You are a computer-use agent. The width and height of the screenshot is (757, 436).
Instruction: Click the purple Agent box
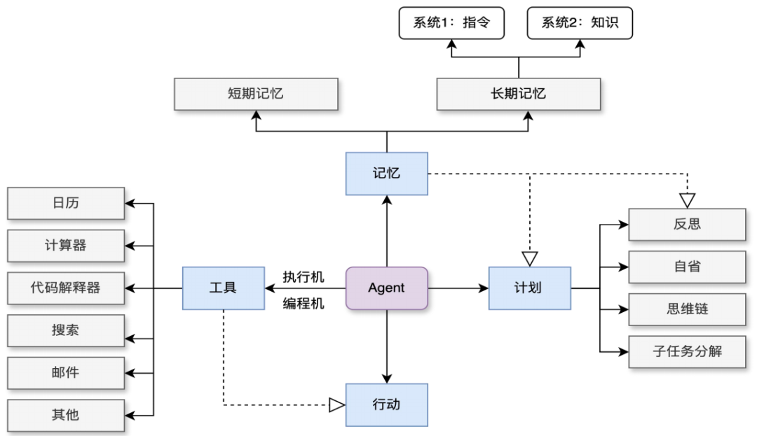click(x=386, y=288)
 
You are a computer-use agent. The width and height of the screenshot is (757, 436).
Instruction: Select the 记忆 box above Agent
click(x=386, y=173)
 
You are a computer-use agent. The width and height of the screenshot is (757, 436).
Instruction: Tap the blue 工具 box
click(x=223, y=288)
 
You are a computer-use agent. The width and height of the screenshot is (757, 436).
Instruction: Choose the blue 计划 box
click(x=529, y=288)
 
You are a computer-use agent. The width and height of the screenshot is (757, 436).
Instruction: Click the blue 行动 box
click(x=386, y=405)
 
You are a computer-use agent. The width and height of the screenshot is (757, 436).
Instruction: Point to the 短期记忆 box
click(x=256, y=94)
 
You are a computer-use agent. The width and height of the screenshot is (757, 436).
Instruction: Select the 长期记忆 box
click(x=518, y=94)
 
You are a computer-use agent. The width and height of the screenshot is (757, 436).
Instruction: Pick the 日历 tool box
click(x=66, y=204)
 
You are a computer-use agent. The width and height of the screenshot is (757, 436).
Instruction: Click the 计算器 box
click(x=66, y=246)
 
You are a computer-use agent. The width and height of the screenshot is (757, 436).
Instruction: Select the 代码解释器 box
click(x=66, y=288)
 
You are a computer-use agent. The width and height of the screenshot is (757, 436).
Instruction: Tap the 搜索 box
click(x=66, y=330)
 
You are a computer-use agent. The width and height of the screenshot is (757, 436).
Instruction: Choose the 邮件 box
click(x=66, y=372)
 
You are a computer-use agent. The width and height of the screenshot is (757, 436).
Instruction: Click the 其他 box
click(x=66, y=415)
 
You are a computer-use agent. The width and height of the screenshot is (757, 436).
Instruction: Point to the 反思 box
click(x=686, y=225)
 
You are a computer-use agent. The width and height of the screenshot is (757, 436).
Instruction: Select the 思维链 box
click(x=686, y=309)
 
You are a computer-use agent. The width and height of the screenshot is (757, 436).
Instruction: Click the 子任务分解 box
click(x=686, y=351)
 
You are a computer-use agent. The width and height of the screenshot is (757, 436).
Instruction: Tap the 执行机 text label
click(x=304, y=277)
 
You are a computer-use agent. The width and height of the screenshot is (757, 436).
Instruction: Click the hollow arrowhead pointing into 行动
click(x=337, y=405)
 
